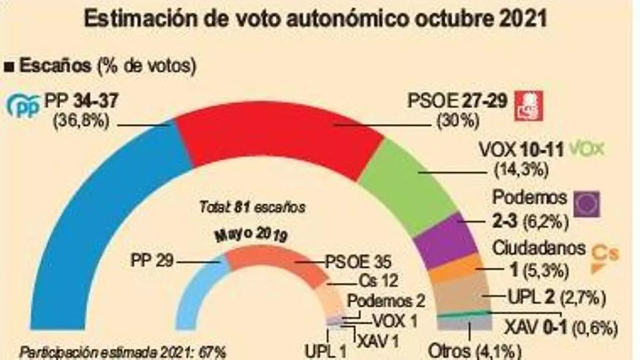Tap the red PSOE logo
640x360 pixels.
527,105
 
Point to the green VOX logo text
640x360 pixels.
587,149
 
